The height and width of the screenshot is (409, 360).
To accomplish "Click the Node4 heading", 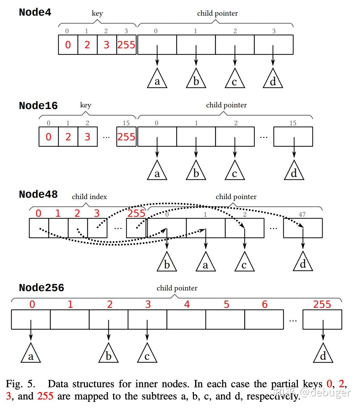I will tap(35, 12).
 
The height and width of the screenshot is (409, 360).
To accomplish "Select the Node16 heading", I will tap(38, 106).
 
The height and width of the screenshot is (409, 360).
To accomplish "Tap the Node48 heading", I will tap(38, 194).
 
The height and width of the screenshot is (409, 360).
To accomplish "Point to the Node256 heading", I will tap(41, 288).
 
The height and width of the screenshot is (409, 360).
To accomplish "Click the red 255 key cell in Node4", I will tap(126, 45).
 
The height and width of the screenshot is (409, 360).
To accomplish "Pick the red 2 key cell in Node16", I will tap(68, 137).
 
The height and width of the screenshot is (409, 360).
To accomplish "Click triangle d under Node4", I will tap(273, 79).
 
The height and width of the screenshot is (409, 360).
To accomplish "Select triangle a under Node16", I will tap(157, 172).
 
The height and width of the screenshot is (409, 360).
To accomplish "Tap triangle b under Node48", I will tap(167, 263).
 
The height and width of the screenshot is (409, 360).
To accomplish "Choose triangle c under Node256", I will tap(147, 354).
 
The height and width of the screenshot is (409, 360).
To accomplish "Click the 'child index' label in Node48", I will tap(89, 197).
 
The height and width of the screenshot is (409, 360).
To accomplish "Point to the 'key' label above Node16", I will tap(86, 105).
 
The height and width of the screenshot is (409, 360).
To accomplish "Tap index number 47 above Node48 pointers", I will tap(302, 214).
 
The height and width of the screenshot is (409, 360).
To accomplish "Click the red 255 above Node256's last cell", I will tap(322, 304).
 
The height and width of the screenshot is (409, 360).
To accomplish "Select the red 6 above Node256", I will tap(265, 304).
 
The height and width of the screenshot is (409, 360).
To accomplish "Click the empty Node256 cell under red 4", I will tap(186, 319).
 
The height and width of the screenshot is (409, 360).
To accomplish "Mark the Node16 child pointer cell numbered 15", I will tap(293, 137).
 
